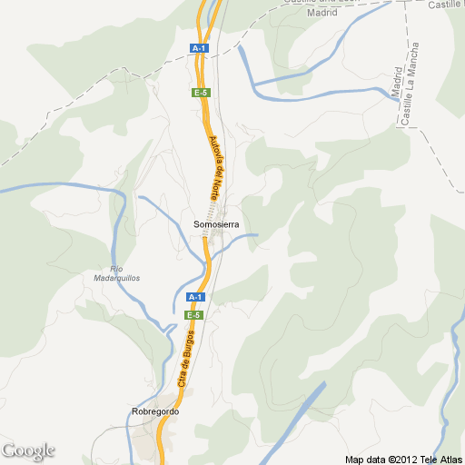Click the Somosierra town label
tap(215, 223)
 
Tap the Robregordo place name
tap(155, 411)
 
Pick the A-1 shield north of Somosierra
tap(199, 47)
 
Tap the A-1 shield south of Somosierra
tap(194, 297)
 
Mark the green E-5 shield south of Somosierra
tap(193, 314)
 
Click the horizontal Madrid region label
tap(322, 13)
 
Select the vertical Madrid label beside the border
tap(397, 84)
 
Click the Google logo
tap(28, 450)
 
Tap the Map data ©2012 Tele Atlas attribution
tap(403, 458)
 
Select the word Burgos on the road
tap(190, 346)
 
